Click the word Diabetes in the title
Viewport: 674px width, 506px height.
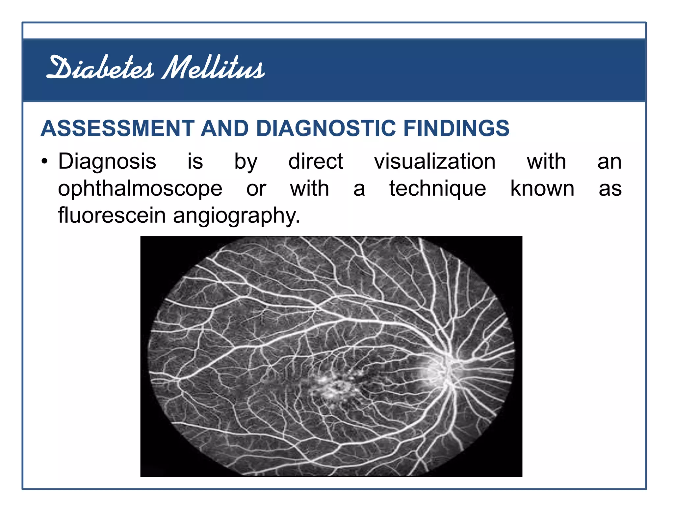pos(100,68)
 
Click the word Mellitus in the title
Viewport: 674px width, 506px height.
pos(213,68)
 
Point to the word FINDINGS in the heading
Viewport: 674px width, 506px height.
pos(456,128)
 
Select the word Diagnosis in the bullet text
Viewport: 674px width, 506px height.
pos(107,162)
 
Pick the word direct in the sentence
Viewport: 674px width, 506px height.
pos(316,162)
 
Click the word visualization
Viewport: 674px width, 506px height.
pos(435,162)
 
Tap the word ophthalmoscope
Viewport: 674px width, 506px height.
pos(140,189)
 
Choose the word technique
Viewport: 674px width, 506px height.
pos(438,189)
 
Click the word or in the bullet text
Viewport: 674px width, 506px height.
pos(256,189)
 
